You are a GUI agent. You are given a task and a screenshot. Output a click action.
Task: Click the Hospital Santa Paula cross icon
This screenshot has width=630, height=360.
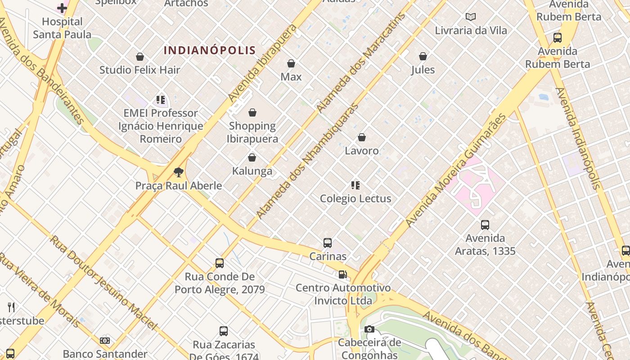tap(62, 8)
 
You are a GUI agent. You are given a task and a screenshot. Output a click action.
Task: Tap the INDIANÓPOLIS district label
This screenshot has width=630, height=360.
tap(210, 50)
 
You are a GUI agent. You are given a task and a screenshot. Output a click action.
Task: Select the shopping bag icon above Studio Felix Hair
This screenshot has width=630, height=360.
tap(140, 57)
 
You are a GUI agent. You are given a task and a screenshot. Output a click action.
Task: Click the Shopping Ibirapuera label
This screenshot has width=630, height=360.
tap(252, 132)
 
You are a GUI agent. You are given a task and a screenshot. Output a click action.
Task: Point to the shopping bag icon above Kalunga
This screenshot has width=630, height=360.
tap(252, 157)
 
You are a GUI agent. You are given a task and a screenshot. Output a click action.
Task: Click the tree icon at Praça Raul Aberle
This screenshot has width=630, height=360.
tap(179, 172)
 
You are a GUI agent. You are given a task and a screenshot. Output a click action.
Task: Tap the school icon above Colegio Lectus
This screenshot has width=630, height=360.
tap(355, 185)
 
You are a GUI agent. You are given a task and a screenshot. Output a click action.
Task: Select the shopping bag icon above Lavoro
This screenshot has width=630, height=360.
tap(362, 137)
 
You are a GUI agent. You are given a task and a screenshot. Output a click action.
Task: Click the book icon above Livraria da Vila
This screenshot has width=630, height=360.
tap(471, 17)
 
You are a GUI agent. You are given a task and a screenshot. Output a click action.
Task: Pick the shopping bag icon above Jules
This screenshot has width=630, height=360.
tap(423, 56)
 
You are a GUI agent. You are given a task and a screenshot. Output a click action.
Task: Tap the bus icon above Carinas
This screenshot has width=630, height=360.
tap(328, 243)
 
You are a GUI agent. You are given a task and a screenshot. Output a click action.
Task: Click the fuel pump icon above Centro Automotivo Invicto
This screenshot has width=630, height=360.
tap(343, 274)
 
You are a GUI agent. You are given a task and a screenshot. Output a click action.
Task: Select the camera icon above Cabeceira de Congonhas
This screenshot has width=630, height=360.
tap(369, 329)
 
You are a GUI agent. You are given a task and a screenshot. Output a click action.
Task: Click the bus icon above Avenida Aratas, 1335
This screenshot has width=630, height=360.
tap(485, 225)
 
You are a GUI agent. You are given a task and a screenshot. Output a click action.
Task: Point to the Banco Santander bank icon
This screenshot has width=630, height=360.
tap(105, 341)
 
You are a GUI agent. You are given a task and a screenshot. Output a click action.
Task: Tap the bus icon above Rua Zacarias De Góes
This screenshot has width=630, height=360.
tap(224, 331)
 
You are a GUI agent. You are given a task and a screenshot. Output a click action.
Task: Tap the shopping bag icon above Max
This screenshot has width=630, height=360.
tap(291, 63)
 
